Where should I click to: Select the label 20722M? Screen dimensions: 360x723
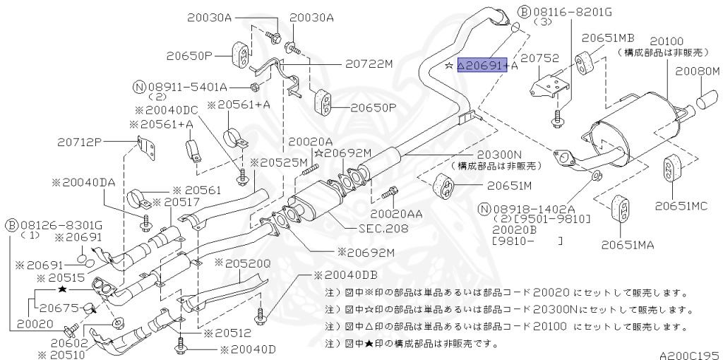369,64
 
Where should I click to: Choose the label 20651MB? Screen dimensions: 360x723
609,37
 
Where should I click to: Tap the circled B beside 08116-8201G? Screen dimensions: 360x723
525,11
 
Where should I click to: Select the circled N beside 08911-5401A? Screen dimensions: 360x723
139,87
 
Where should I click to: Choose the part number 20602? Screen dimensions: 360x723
68,342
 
